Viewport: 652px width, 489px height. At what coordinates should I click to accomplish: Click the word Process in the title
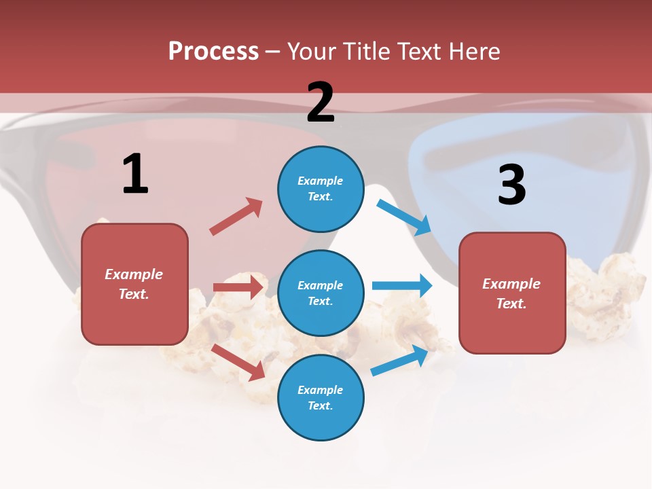(213, 51)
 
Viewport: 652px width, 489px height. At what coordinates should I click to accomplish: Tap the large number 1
(135, 174)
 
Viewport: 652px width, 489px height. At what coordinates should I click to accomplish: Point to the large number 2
(321, 103)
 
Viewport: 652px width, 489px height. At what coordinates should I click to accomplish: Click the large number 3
(511, 185)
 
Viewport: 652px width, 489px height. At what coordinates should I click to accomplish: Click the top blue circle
(321, 189)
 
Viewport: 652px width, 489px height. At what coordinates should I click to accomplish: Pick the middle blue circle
(321, 293)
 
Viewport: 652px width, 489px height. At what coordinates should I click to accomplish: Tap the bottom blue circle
(321, 397)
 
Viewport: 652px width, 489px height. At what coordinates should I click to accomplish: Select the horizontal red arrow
(238, 287)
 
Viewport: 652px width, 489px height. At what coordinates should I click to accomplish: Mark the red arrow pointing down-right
(238, 362)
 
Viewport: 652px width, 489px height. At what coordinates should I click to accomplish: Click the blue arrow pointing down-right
(404, 217)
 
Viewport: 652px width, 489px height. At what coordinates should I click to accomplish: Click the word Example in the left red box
(134, 274)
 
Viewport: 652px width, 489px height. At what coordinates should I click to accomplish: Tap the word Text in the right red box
(511, 304)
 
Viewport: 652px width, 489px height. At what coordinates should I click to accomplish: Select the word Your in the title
(311, 51)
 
